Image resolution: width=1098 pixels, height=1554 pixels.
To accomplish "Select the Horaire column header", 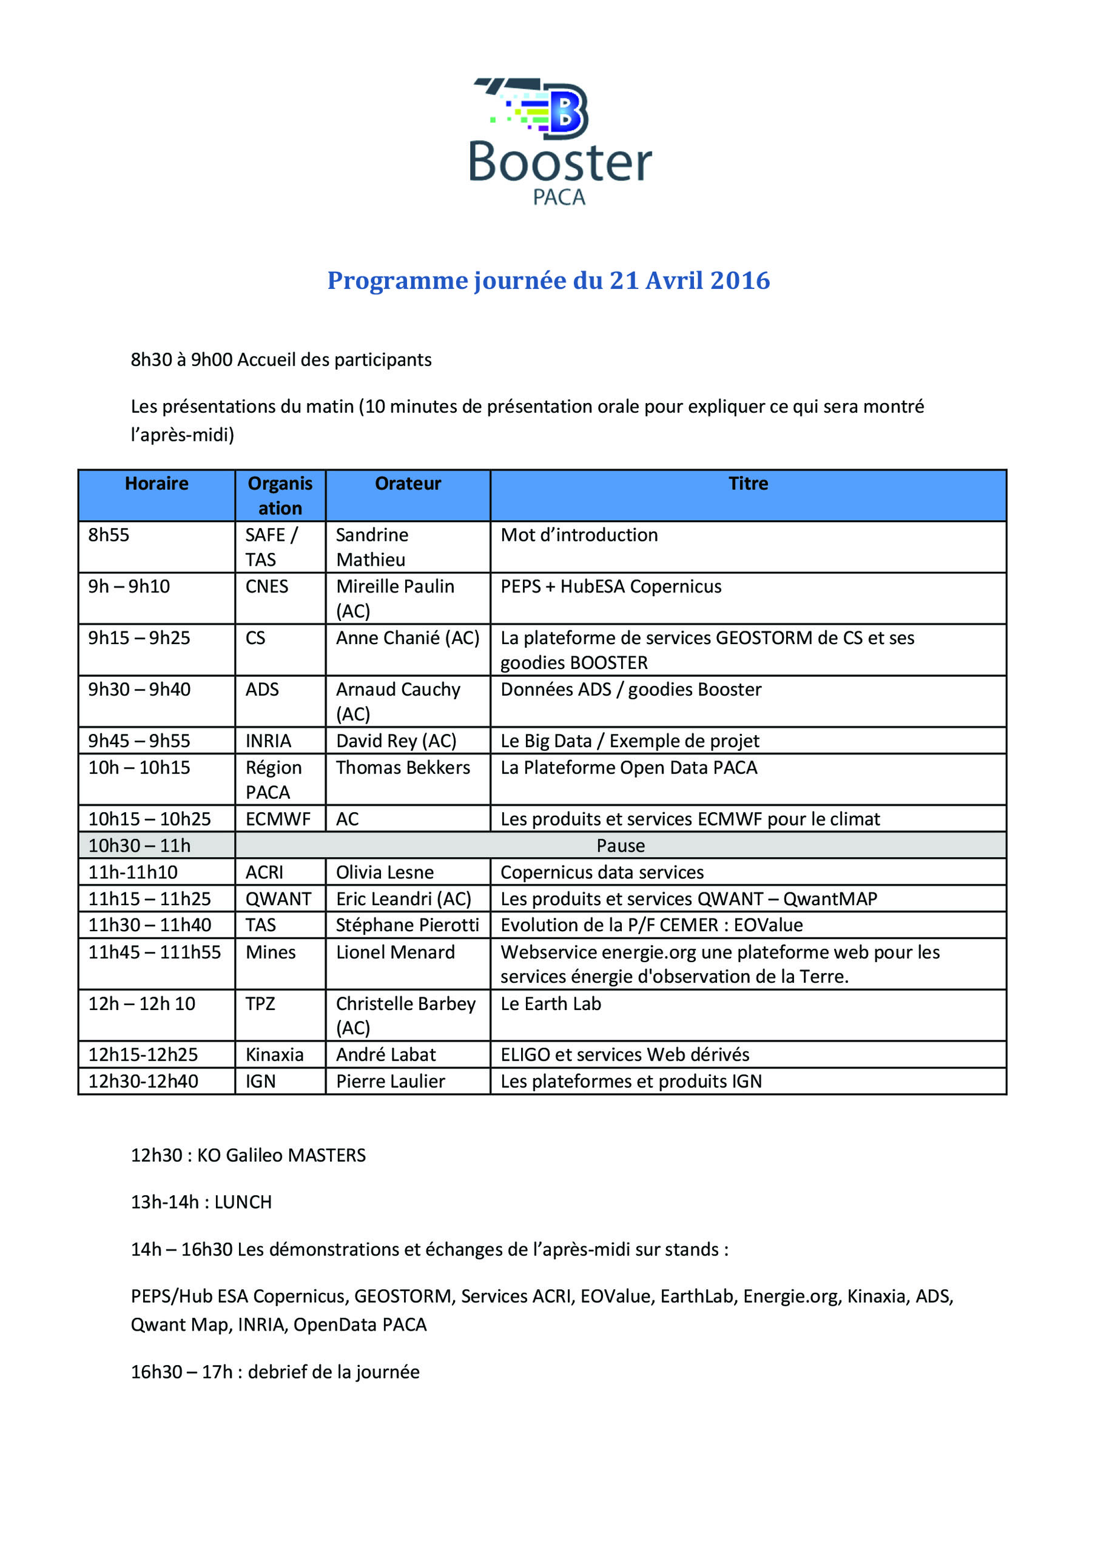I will (x=157, y=483).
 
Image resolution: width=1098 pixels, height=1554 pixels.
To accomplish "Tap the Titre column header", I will (x=747, y=483).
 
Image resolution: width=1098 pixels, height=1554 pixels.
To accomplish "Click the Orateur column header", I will (x=407, y=483).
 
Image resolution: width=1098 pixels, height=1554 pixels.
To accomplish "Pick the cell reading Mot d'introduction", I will (x=579, y=535).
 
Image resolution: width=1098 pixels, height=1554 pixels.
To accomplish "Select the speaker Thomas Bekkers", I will (x=403, y=767).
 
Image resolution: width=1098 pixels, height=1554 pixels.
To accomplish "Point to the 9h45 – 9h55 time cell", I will (x=139, y=741).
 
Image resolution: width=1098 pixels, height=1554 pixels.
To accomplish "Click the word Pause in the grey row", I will (x=621, y=846).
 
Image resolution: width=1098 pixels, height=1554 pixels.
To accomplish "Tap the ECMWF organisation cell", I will (x=277, y=819).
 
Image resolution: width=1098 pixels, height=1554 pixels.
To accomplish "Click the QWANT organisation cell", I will (x=278, y=899).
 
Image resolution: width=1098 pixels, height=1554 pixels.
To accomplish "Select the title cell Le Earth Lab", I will (x=550, y=1004).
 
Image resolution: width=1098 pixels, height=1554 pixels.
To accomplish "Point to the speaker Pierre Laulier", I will (x=390, y=1081).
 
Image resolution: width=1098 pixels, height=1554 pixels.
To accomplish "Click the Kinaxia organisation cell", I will (x=274, y=1054).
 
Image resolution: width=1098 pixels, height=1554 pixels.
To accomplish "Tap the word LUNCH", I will (x=243, y=1202).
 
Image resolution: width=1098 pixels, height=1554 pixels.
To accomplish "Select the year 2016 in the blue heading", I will (x=740, y=280).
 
